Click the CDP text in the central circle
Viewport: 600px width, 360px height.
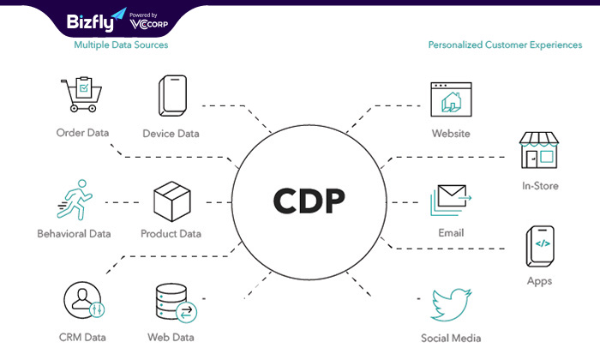click(309, 201)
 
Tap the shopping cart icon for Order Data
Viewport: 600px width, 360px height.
click(81, 94)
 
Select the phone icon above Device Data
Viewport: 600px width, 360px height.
click(172, 96)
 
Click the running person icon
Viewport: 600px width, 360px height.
click(75, 200)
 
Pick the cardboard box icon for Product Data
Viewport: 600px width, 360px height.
click(171, 201)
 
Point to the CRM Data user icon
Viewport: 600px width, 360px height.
click(84, 300)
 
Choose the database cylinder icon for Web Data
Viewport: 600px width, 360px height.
click(176, 303)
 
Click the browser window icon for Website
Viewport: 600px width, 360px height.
click(451, 99)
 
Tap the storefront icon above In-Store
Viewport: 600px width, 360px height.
click(539, 150)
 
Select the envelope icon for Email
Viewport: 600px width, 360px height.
click(451, 200)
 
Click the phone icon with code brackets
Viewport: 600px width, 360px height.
click(540, 246)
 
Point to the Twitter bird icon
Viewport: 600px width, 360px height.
click(451, 305)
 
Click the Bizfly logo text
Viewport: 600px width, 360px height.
click(90, 21)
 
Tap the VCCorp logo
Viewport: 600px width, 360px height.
click(149, 24)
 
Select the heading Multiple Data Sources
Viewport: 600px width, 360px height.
click(121, 45)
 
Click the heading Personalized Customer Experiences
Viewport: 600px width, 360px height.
click(505, 45)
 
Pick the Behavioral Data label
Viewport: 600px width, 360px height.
click(74, 234)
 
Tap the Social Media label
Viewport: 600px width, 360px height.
click(451, 339)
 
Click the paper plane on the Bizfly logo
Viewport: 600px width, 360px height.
click(119, 14)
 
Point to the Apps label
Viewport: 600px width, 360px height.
click(539, 281)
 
